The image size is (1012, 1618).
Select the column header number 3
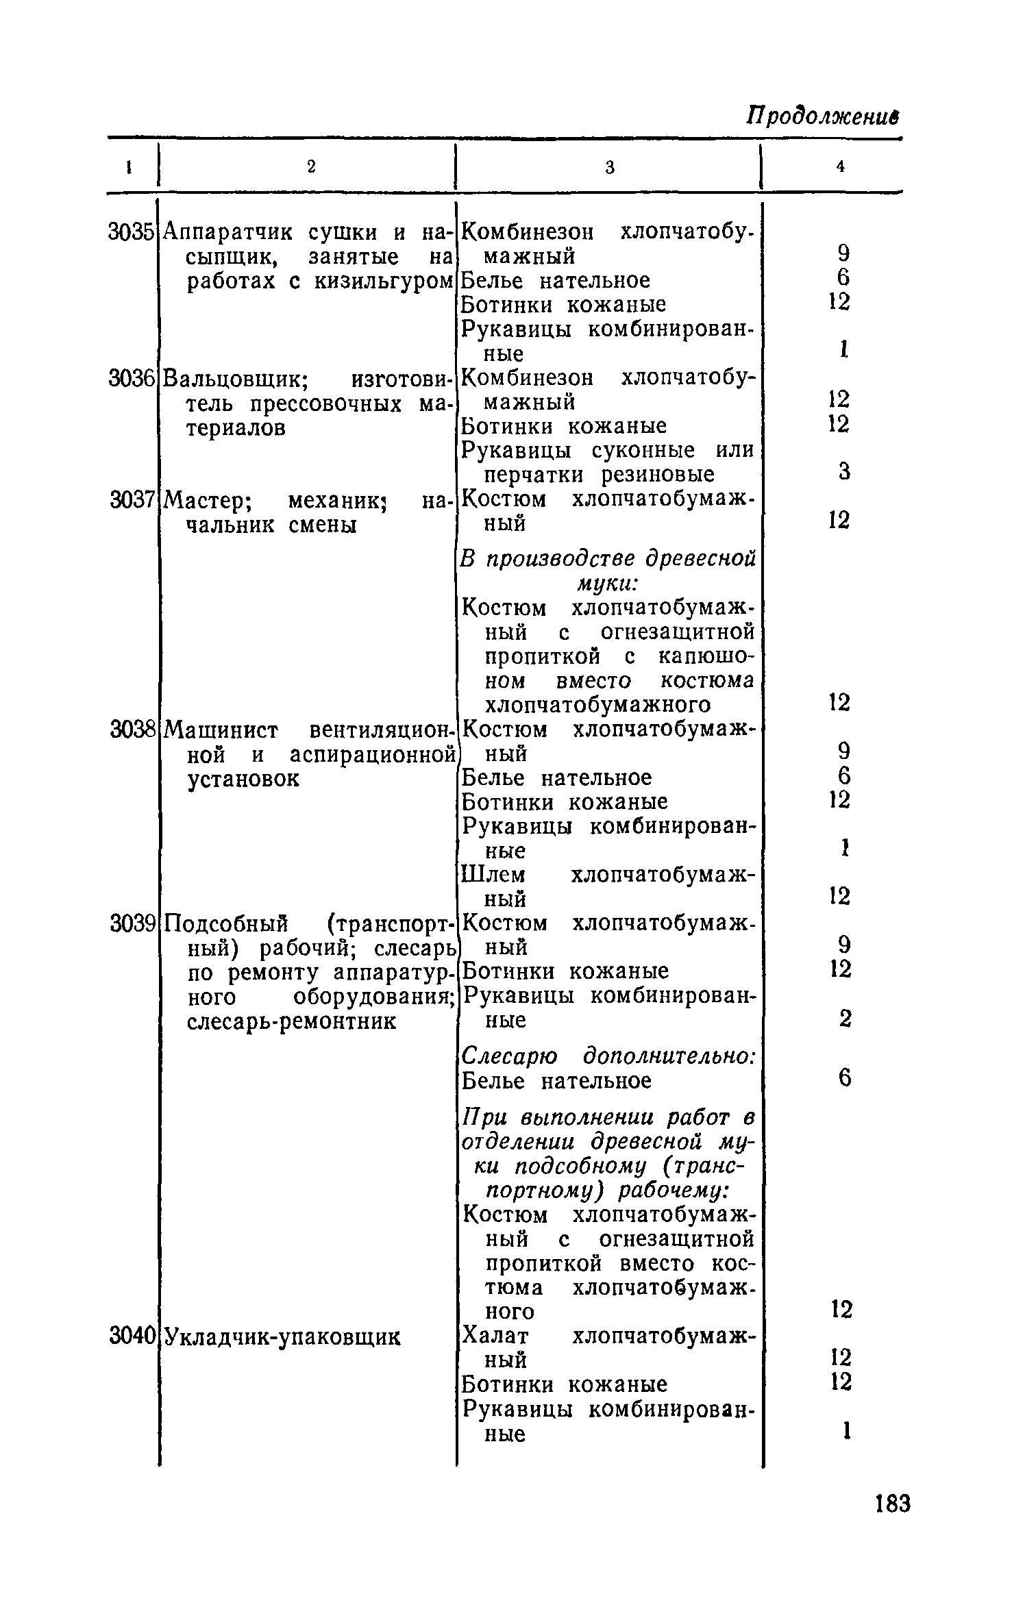click(609, 168)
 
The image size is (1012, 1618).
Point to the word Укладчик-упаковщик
click(283, 1336)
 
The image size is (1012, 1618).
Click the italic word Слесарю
click(510, 1056)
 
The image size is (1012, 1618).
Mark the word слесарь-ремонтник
click(292, 1021)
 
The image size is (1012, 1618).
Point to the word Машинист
click(222, 731)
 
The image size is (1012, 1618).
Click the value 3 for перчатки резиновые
click(845, 471)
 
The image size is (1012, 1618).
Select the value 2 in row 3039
click(845, 1020)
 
